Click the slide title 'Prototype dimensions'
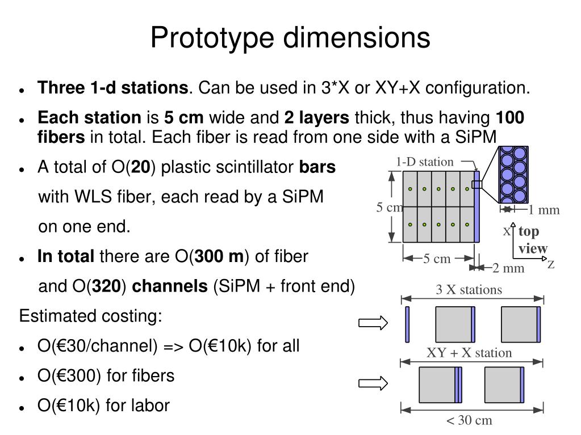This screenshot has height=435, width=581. (290, 38)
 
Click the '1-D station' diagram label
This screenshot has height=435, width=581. (425, 162)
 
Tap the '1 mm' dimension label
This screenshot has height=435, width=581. (544, 210)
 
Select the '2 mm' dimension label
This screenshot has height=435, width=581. (508, 268)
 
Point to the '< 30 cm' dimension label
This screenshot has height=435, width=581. (469, 421)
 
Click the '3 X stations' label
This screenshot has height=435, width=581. (469, 290)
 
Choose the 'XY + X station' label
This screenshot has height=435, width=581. (469, 353)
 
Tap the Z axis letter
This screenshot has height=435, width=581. (550, 264)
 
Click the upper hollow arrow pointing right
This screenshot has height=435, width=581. (373, 323)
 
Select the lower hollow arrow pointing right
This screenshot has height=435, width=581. (373, 384)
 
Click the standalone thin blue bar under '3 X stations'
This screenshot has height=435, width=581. (407, 324)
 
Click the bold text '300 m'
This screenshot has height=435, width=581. (219, 257)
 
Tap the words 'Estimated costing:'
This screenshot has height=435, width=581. (91, 316)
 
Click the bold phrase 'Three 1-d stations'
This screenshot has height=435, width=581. (112, 88)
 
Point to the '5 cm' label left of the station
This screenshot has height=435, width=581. (389, 208)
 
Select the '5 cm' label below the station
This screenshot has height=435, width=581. (436, 259)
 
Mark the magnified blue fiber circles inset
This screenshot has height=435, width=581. (513, 174)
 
